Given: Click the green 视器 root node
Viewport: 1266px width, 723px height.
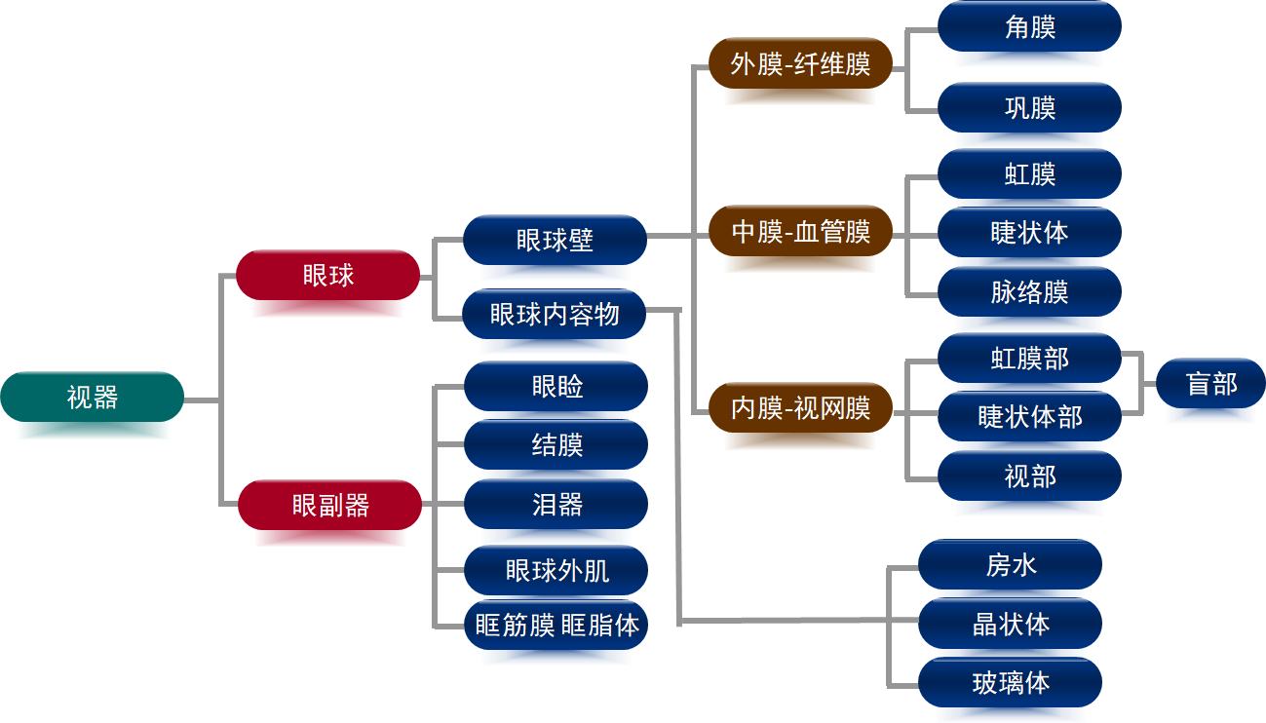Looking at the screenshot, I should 93,397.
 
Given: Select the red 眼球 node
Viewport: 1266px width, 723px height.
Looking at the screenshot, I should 328,275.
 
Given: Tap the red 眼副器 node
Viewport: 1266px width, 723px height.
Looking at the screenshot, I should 330,505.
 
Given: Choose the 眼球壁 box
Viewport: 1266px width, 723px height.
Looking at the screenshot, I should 555,240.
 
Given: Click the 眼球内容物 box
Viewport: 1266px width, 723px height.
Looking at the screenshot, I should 555,314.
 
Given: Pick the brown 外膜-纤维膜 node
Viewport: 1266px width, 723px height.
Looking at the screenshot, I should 800,64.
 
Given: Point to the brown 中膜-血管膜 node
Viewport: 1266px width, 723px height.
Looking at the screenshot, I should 800,232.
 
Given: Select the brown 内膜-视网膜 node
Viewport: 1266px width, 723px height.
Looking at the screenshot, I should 800,407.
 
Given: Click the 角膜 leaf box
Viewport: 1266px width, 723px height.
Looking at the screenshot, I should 1029,27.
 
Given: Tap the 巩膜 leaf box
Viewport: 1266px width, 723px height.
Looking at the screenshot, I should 1029,107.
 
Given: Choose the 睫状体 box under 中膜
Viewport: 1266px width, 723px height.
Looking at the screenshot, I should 1029,232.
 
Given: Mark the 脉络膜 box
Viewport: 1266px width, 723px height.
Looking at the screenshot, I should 1029,291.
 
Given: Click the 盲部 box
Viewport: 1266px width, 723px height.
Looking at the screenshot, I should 1210,384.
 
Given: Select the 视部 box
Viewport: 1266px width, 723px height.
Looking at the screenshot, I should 1029,476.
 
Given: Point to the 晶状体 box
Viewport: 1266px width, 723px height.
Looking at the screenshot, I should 1010,624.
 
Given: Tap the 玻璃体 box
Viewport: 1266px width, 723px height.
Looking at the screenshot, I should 1010,682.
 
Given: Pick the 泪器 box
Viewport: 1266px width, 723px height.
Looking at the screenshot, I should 556,504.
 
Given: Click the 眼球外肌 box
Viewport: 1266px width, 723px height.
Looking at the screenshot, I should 556,570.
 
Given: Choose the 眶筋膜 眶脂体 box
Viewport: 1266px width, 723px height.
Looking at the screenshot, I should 556,625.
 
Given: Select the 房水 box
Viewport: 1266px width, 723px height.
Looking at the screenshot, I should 1010,564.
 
